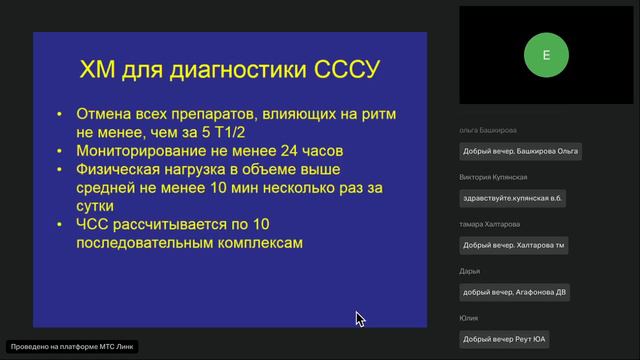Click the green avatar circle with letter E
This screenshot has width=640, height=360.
click(x=545, y=55)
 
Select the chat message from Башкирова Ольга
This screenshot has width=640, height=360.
click(x=520, y=152)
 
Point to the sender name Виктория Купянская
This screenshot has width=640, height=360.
click(x=493, y=177)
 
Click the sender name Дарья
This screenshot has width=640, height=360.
click(x=470, y=271)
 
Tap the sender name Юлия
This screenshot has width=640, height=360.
click(x=470, y=318)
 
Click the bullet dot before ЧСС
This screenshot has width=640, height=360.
click(x=61, y=223)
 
